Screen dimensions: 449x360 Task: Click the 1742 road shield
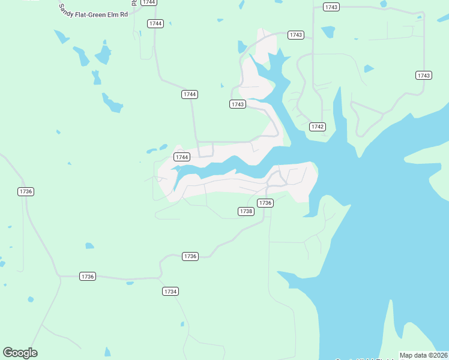pos(318,127)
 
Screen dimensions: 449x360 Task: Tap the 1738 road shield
pos(246,211)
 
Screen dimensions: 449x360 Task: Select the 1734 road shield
pos(170,291)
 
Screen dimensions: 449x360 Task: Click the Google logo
pos(20,353)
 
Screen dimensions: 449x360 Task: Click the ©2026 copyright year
pos(438,355)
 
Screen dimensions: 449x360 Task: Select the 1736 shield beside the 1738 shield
pos(265,203)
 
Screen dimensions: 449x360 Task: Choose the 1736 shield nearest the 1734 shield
pos(190,256)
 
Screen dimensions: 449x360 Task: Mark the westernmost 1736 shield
pos(25,191)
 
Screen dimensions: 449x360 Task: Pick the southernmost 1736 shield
pos(88,276)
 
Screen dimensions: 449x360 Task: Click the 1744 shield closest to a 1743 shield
pos(190,94)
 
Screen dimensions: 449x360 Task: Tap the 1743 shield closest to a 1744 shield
pos(238,104)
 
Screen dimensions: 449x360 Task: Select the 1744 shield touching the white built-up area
pos(181,157)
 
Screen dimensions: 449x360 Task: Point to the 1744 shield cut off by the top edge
pos(149,2)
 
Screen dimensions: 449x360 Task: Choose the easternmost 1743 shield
pos(423,75)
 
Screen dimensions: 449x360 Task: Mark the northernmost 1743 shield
pos(331,7)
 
